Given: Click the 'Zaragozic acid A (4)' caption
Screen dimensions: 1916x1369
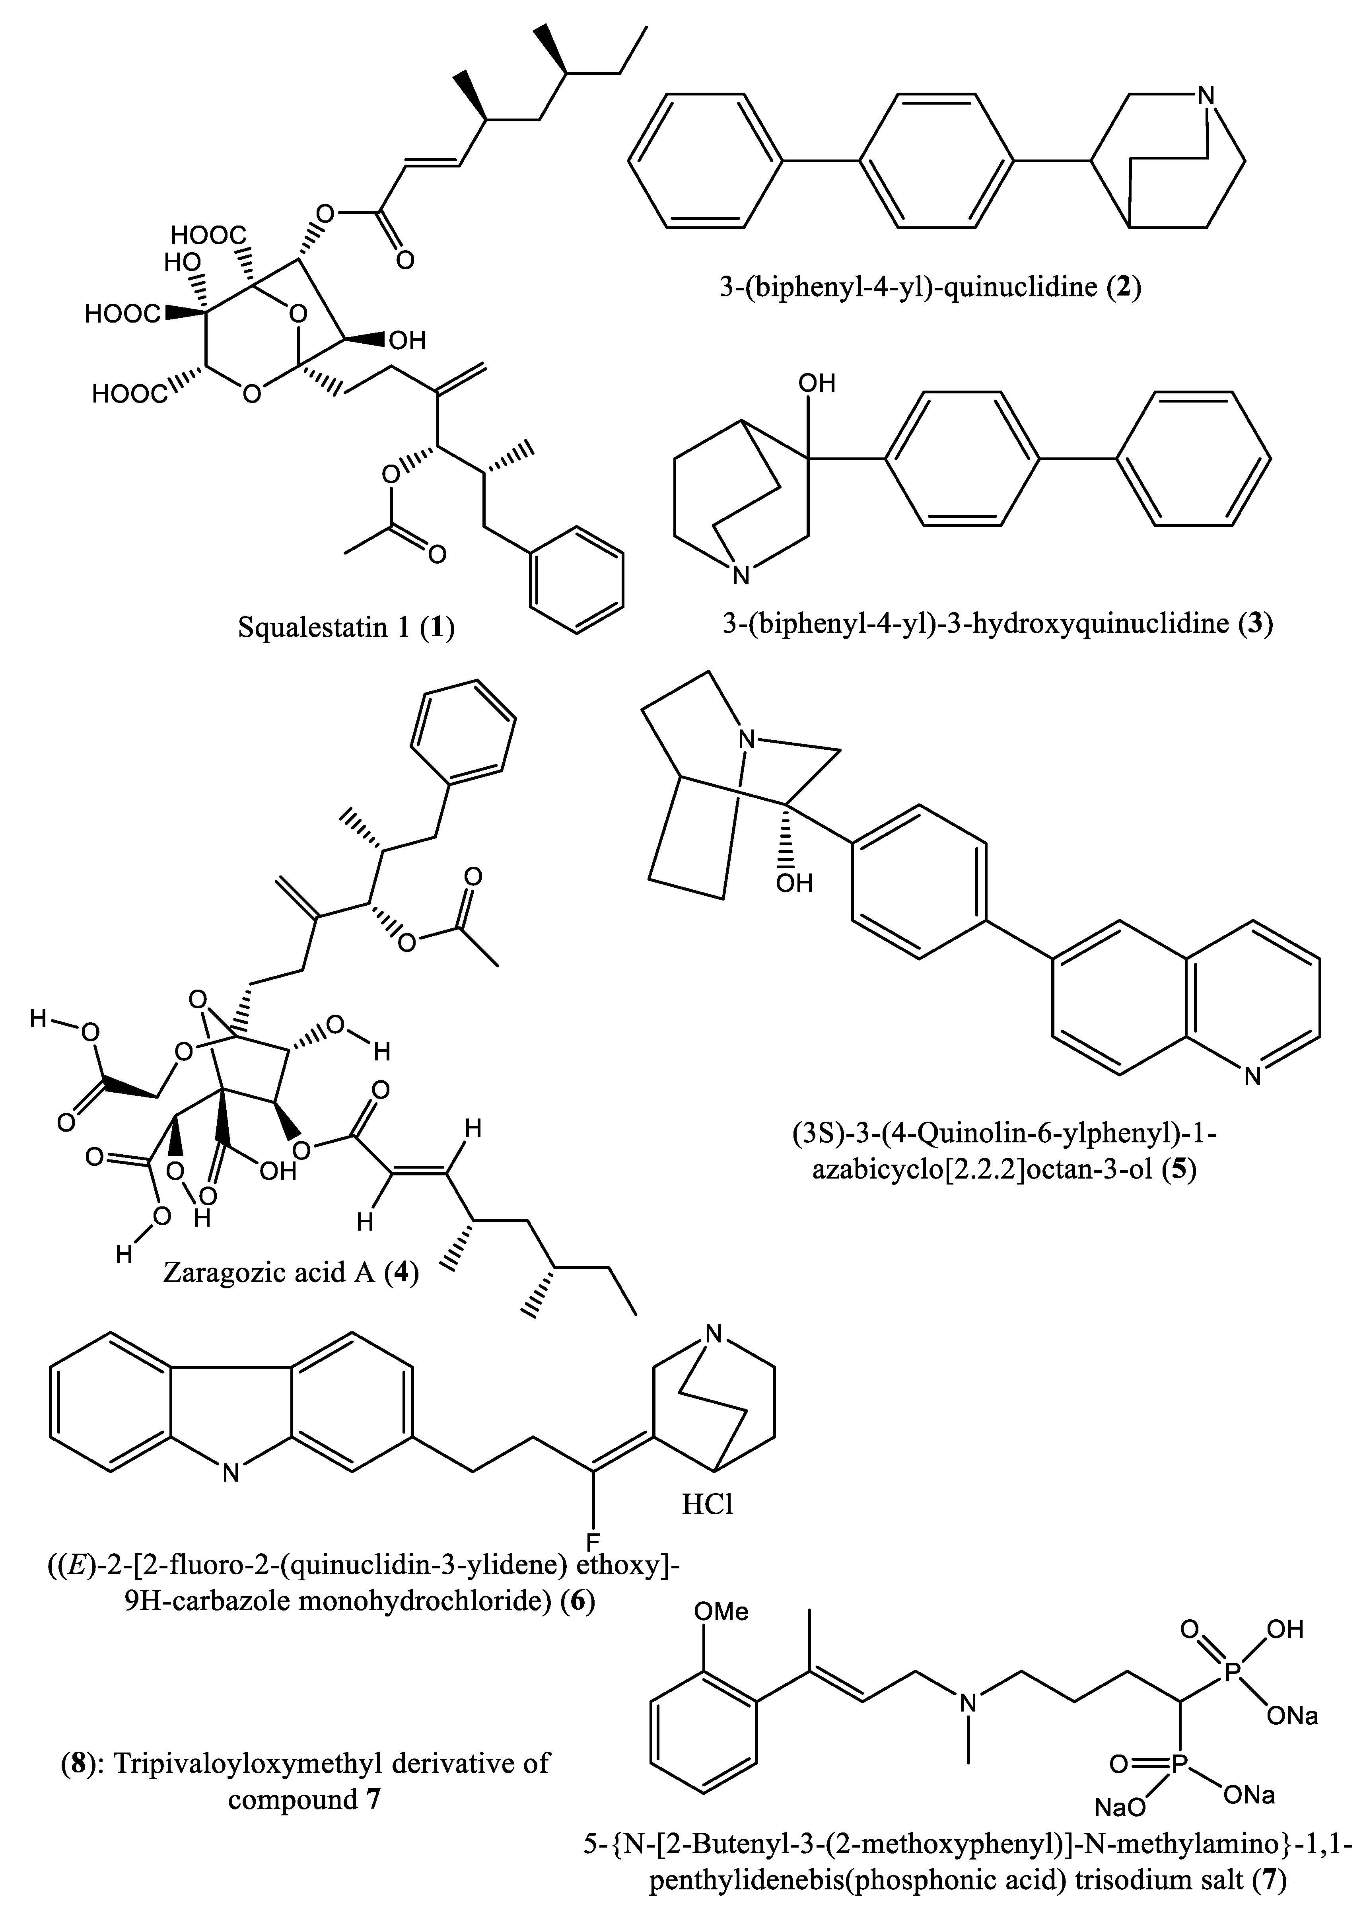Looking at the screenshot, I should [x=291, y=1271].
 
